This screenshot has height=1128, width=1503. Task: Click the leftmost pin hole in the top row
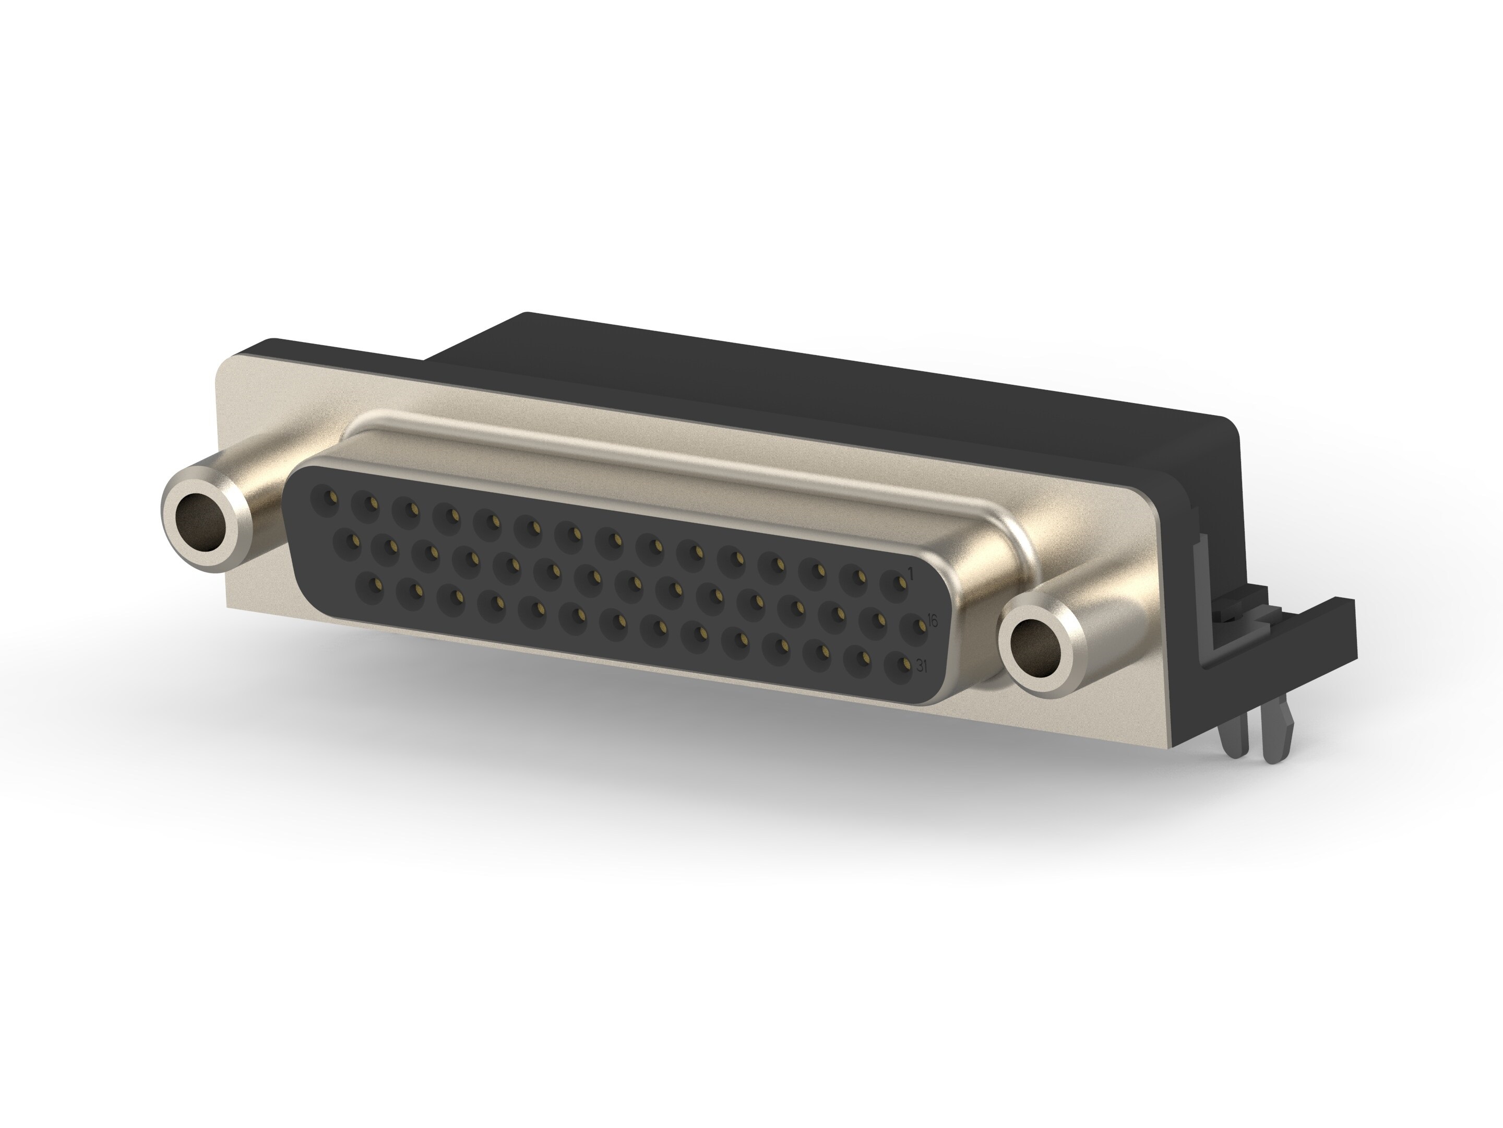point(324,501)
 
